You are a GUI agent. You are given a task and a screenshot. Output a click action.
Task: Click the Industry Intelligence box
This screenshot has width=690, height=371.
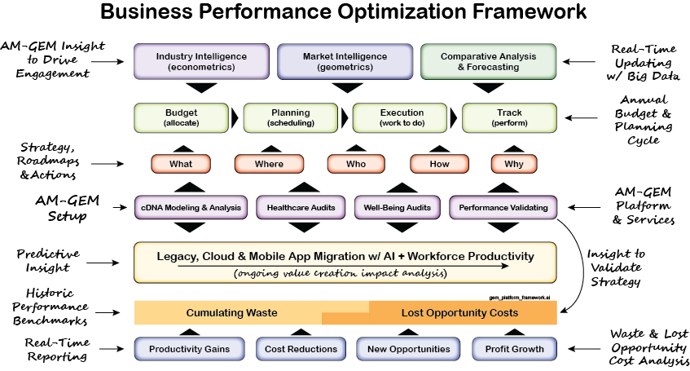pos(201,61)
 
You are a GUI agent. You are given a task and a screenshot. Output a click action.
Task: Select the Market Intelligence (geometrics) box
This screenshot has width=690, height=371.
pos(345,61)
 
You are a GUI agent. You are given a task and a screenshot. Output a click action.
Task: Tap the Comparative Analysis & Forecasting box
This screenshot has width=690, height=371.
pos(488,61)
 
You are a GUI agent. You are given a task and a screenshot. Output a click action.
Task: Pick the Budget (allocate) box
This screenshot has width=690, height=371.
pos(181,117)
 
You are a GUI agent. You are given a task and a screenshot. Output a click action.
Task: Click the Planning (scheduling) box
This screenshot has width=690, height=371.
pos(291,117)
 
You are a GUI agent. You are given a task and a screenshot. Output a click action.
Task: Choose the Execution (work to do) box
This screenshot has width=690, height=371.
pos(402,117)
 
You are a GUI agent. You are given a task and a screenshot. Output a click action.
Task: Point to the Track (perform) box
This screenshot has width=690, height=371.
pos(509,117)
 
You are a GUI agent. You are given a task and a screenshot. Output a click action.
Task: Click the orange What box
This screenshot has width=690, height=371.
pos(181,164)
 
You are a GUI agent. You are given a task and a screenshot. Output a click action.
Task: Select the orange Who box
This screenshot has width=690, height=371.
pos(356,164)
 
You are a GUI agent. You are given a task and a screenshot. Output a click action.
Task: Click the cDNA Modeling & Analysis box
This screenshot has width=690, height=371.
pos(191,208)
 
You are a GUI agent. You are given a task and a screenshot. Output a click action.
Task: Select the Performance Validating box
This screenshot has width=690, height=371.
pos(503,208)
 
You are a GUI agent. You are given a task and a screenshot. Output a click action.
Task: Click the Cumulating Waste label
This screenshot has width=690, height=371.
pos(231,313)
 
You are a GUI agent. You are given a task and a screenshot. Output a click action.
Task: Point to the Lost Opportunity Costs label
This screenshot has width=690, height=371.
pos(459,313)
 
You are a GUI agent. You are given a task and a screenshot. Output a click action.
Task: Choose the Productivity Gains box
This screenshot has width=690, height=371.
pos(190,349)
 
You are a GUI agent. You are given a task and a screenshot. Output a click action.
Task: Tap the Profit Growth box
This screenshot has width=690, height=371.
pos(514,349)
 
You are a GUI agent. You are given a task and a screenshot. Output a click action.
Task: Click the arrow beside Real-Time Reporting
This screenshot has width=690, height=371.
pos(110,349)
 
